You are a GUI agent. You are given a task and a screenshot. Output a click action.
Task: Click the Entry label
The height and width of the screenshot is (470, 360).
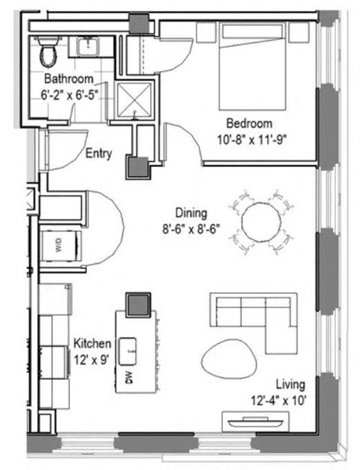coord(99,154)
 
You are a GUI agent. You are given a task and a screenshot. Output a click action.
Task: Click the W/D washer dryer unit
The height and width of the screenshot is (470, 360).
coord(58,244)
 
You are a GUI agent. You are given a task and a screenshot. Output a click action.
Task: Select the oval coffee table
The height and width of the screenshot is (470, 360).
coord(229,355)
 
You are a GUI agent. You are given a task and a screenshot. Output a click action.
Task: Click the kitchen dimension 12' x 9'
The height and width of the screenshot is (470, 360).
coord(91,358)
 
